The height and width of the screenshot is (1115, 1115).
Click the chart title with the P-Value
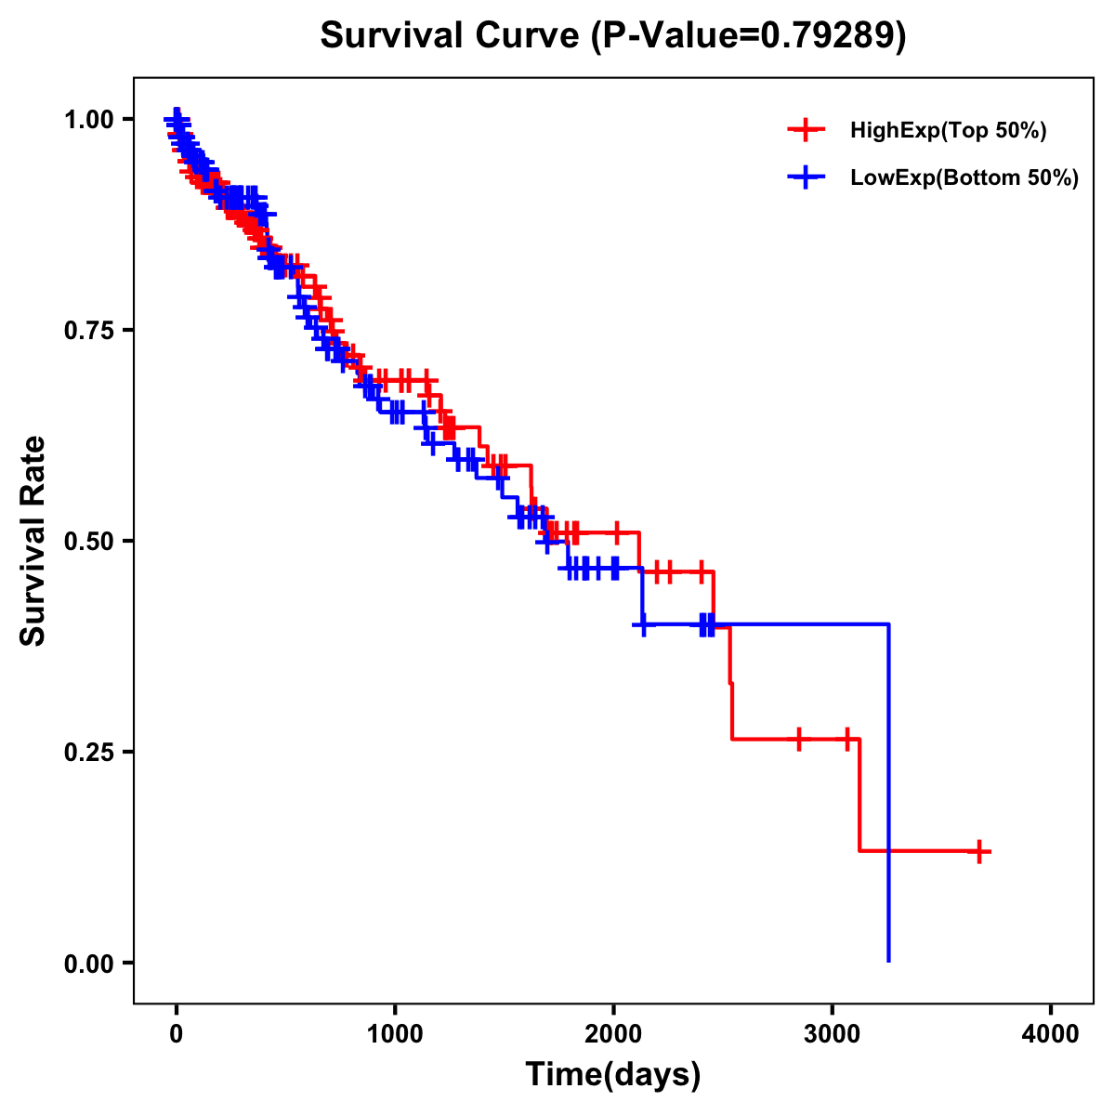(x=612, y=36)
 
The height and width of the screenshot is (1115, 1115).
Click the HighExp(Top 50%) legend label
(x=948, y=131)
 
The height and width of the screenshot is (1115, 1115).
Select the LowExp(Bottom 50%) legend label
(x=964, y=178)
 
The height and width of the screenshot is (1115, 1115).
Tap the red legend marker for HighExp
(x=806, y=131)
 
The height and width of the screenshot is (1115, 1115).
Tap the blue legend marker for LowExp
(x=806, y=178)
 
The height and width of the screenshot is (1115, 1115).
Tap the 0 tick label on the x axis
(x=177, y=1034)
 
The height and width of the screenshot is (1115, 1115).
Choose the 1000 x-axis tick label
(x=395, y=1034)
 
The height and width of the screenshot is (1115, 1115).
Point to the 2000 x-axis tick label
(x=613, y=1034)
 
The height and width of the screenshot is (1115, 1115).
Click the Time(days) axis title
(x=613, y=1075)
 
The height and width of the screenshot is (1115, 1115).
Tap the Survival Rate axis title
(x=33, y=541)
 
